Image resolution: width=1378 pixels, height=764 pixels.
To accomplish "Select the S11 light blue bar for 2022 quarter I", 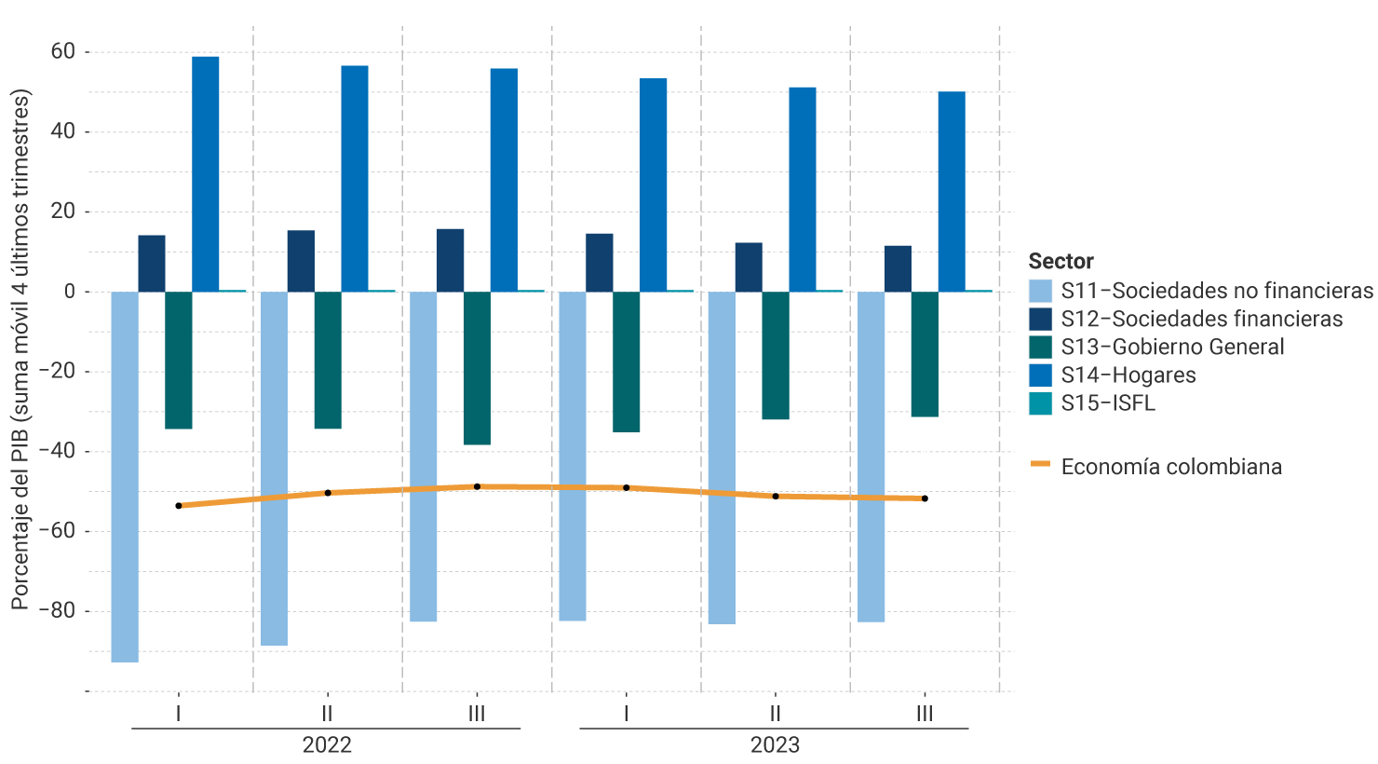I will tap(125, 476).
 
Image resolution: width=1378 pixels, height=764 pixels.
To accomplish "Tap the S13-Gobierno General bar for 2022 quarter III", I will tap(477, 368).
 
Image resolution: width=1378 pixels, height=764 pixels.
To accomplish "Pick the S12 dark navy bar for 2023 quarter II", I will tap(749, 267).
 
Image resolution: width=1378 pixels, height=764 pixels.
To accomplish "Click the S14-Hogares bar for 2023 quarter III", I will tap(952, 191).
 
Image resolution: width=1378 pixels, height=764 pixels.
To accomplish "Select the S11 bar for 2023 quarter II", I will tap(722, 457).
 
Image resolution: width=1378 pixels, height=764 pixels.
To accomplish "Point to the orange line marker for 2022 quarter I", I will tap(179, 506).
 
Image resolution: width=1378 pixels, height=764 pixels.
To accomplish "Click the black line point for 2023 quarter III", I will tap(925, 498).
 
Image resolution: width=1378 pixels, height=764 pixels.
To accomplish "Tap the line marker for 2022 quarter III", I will tap(478, 486).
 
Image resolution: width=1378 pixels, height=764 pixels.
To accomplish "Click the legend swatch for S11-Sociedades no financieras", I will tap(1040, 291).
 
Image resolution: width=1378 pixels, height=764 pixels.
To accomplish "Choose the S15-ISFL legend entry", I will tap(1108, 402).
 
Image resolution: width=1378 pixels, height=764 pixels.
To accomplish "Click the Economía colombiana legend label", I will tap(1171, 467).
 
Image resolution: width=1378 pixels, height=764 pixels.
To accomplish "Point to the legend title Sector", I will tap(1061, 261).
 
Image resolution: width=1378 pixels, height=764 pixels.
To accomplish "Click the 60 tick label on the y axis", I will tap(63, 51).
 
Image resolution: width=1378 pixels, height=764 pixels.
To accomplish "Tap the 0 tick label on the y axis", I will tap(70, 292).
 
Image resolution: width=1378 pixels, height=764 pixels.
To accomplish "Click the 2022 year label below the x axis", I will tap(327, 744).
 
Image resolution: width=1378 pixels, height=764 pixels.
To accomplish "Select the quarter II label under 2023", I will tap(776, 714).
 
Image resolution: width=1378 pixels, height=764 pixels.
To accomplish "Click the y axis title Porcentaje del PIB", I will tap(20, 349).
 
